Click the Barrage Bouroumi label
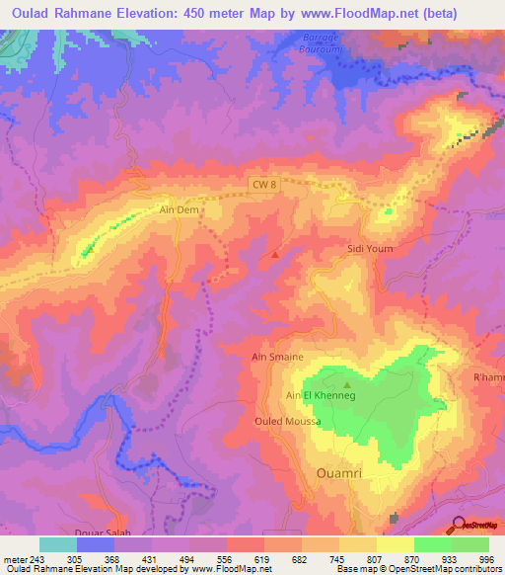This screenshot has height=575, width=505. pos(302,42)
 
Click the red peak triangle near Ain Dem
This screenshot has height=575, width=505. pos(274,255)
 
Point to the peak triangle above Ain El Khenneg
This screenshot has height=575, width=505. pos(346,384)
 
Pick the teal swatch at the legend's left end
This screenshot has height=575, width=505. pos(57,544)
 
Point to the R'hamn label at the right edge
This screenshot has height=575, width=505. pos(488,378)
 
